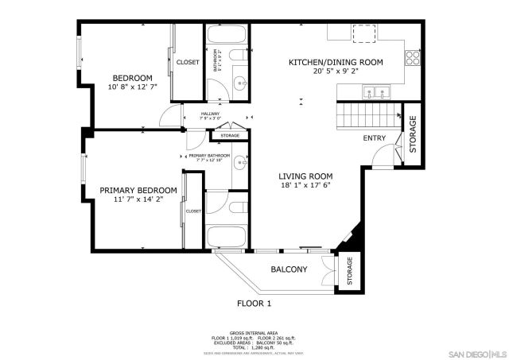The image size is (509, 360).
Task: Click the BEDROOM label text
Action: [131, 78]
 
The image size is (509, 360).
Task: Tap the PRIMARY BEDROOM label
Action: [138, 191]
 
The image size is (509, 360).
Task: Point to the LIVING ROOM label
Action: [305, 176]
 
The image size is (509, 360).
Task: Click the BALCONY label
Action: [289, 269]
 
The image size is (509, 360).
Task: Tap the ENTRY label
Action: [375, 138]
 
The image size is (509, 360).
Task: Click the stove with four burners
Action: [413, 57]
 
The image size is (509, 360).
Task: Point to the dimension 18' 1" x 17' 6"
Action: [305, 185]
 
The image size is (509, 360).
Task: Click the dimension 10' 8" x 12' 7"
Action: [131, 87]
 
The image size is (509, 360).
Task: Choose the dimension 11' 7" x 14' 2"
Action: [138, 200]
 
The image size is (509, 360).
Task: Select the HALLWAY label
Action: [210, 114]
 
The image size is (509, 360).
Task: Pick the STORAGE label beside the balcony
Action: [348, 272]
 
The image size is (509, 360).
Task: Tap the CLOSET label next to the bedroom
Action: [188, 62]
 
